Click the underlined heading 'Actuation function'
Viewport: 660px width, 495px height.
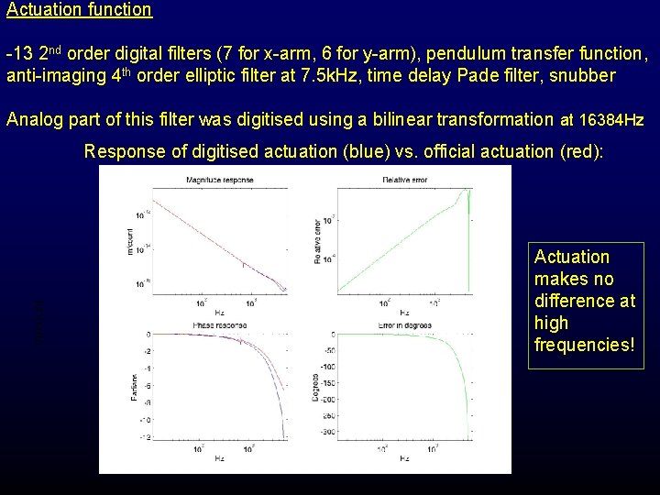pyautogui.click(x=79, y=10)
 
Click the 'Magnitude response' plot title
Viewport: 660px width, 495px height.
pyautogui.click(x=219, y=180)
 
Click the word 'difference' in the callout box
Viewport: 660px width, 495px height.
pyautogui.click(x=584, y=301)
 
